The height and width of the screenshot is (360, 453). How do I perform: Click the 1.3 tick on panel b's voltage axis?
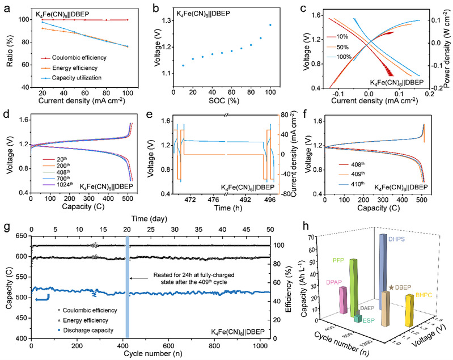coord(168,20)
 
